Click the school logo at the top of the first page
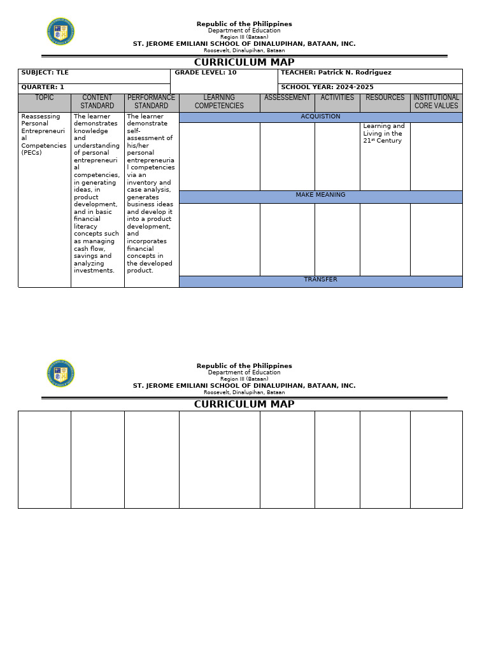pos(60,32)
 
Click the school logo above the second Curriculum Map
pos(60,374)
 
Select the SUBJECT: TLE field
pos(45,73)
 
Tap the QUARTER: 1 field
pos(43,87)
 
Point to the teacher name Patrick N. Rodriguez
pos(355,73)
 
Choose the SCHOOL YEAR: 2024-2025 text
pos(327,87)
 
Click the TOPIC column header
pos(45,98)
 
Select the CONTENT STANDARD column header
pos(97,102)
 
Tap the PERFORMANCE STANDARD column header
pos(152,102)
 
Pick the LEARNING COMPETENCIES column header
pos(219,102)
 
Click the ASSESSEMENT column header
pos(287,98)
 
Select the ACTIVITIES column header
pos(337,98)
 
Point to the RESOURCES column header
pos(385,98)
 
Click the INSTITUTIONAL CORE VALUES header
pos(436,102)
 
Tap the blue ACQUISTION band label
pos(320,117)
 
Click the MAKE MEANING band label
pos(320,195)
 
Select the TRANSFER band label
pos(320,280)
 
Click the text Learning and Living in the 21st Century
pos(383,134)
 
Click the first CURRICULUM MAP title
pos(244,62)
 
